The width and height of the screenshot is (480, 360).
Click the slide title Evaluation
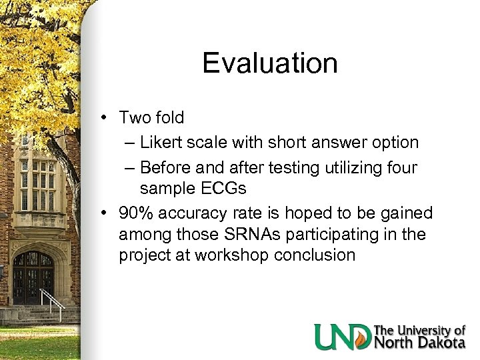click(x=270, y=63)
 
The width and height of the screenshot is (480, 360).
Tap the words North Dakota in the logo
click(x=419, y=342)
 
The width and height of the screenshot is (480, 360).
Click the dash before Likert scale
click(x=128, y=143)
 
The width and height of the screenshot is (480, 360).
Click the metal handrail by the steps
click(x=54, y=303)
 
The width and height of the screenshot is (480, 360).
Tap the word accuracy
click(x=193, y=213)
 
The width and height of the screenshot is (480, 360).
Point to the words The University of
click(x=419, y=329)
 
